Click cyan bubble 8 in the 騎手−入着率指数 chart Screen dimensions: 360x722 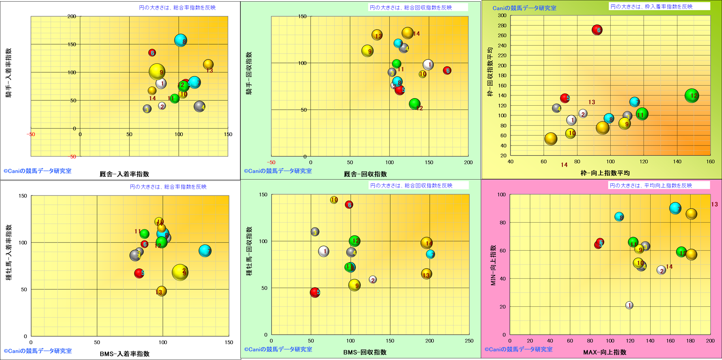click(180, 40)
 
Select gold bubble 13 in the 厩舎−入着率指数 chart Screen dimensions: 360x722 click(208, 64)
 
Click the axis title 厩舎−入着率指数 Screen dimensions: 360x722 click(124, 174)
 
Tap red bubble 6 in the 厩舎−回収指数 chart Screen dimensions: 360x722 click(447, 70)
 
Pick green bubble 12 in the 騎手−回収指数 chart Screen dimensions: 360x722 click(414, 104)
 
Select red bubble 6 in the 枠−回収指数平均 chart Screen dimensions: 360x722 click(597, 30)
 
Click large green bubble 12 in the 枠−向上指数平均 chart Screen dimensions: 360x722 click(692, 95)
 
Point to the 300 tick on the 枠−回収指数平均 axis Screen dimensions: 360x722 click(502, 15)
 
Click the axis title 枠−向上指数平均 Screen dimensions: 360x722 click(605, 173)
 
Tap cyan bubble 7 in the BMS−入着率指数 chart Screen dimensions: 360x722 click(205, 251)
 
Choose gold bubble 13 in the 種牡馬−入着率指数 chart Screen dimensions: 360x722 click(161, 291)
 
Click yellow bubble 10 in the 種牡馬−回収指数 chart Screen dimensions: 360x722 click(334, 200)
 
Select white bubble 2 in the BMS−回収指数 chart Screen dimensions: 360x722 click(373, 280)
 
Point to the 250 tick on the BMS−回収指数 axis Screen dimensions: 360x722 click(469, 341)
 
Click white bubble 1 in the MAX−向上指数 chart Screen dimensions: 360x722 click(629, 305)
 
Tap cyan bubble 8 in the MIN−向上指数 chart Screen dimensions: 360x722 click(619, 217)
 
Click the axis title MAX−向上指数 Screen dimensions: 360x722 click(605, 352)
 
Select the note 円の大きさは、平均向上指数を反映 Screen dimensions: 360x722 click(651, 185)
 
